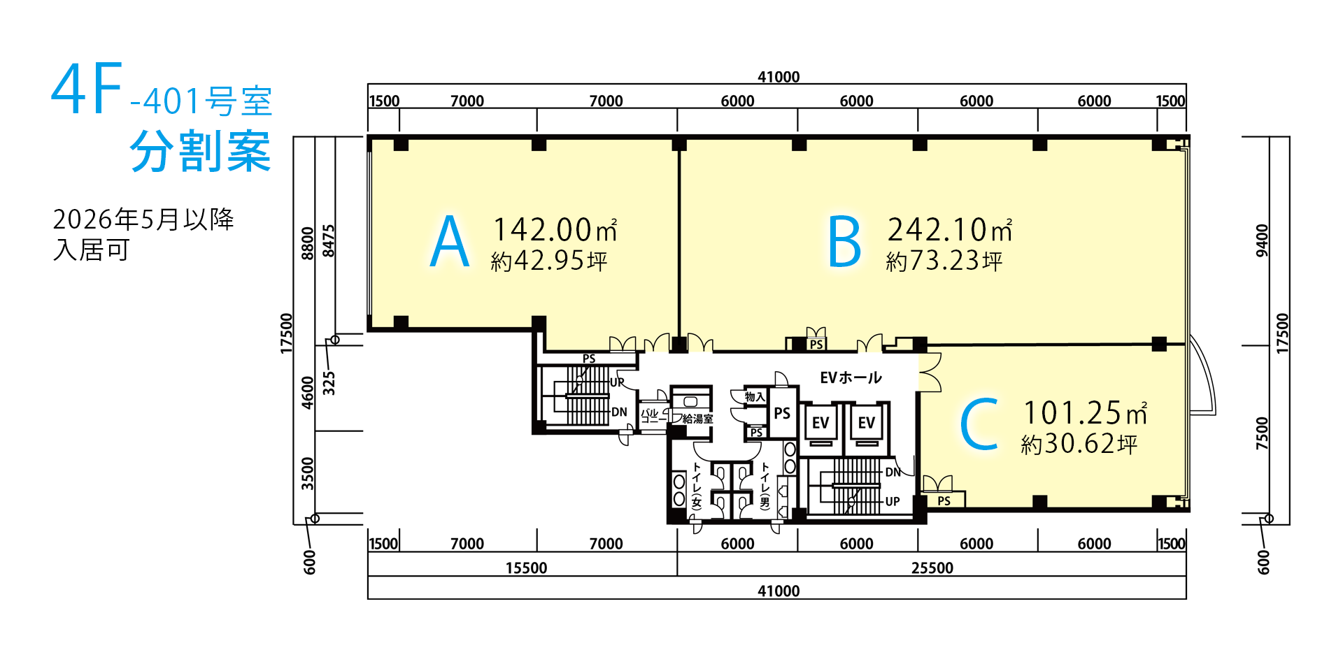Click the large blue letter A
(449, 242)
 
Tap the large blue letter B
(844, 242)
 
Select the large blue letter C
(979, 424)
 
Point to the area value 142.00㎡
(555, 229)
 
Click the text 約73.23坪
(944, 261)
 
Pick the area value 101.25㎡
(1086, 412)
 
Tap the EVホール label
(851, 377)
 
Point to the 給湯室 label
(697, 419)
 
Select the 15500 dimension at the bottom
(526, 568)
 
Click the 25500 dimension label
(932, 568)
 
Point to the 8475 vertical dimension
(329, 240)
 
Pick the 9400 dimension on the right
(1262, 240)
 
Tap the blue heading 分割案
(200, 151)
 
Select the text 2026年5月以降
(143, 219)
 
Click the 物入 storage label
(755, 396)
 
